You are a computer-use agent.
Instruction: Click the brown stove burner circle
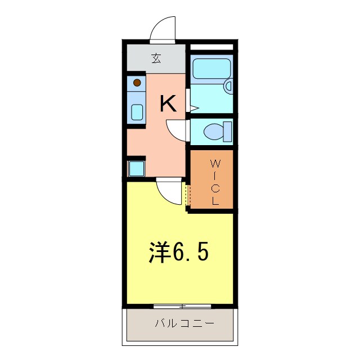pos(137,83)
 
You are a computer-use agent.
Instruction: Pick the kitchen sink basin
pos(137,111)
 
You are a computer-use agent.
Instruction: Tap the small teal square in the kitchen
pos(137,168)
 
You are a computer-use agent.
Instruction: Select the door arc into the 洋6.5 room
pos(170,191)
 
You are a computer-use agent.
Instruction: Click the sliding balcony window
pos(182,307)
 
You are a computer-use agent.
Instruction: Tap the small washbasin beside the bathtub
pos(228,85)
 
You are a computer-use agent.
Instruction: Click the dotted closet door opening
pos(188,195)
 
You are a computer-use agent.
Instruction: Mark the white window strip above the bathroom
pos(211,47)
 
